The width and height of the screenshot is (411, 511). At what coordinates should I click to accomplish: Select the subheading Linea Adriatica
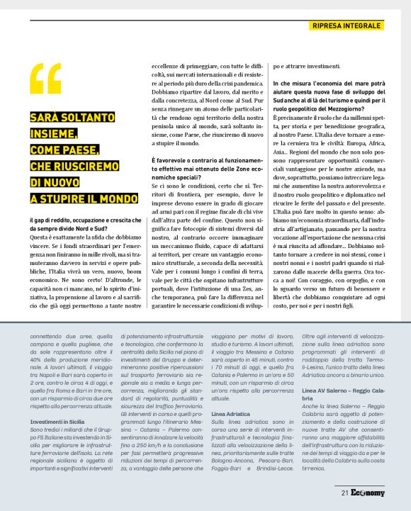(231, 412)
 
